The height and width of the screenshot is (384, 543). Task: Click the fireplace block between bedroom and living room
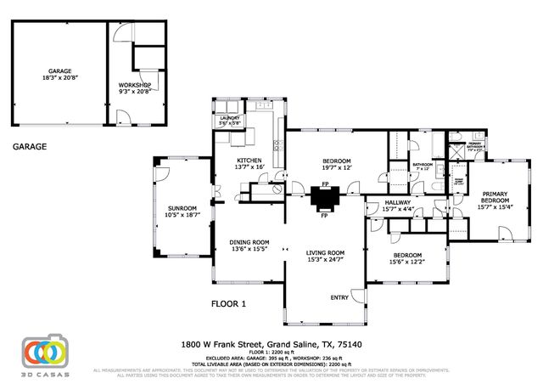324,200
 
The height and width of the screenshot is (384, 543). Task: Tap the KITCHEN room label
248,161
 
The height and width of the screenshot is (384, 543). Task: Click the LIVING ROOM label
324,252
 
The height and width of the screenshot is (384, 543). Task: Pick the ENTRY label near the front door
339,296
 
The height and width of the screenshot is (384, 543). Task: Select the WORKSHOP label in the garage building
134,85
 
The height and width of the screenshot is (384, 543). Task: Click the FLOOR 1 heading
228,303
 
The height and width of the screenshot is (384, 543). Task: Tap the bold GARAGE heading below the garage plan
30,146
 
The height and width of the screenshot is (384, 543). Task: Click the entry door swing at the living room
357,296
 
